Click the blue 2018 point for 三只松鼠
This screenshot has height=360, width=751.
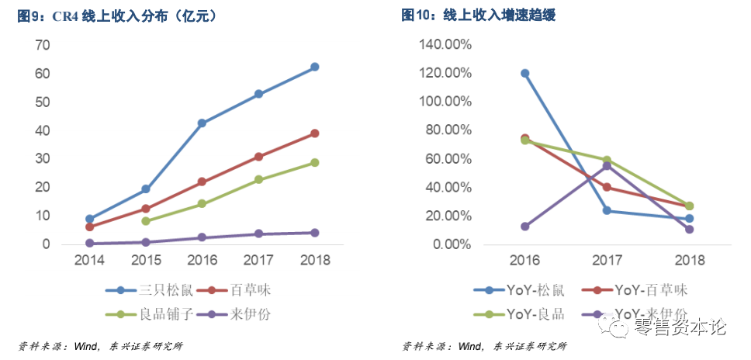point(314,67)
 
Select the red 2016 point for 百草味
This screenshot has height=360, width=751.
point(202,182)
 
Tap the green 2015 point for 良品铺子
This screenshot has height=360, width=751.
point(145,221)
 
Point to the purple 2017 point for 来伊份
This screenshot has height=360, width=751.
point(258,234)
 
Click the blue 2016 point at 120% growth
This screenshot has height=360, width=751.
point(525,73)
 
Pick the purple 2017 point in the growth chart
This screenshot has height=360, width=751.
point(607,166)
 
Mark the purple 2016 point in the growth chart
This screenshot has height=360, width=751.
point(525,227)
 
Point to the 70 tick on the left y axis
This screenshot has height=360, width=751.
point(43,45)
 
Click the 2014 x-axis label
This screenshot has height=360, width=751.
point(89,259)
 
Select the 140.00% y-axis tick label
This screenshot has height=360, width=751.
point(443,45)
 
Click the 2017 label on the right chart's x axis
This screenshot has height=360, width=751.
point(607,259)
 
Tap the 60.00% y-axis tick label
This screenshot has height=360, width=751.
point(446,159)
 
